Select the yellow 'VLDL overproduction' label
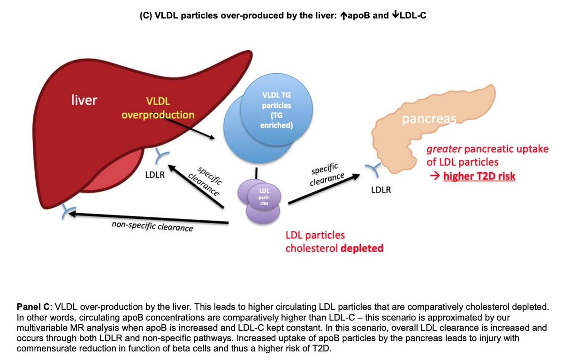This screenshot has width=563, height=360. (158, 107)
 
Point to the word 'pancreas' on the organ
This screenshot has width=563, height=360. (428, 120)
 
